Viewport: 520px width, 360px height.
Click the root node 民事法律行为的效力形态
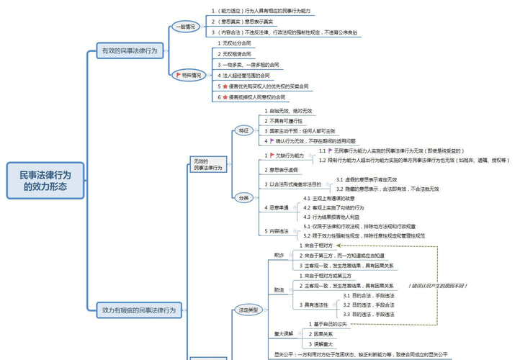pyautogui.click(x=45, y=181)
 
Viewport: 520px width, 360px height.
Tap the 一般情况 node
pyautogui.click(x=185, y=27)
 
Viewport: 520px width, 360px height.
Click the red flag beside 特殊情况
pyautogui.click(x=178, y=75)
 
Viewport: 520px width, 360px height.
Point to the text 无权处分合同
pyautogui.click(x=237, y=43)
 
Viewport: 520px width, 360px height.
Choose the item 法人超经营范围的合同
pyautogui.click(x=247, y=75)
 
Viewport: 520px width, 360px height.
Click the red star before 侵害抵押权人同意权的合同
pyautogui.click(x=225, y=96)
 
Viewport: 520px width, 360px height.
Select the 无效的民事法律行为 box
pyautogui.click(x=207, y=164)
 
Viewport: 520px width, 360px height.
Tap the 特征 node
pyautogui.click(x=243, y=130)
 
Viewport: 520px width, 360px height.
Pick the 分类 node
pyautogui.click(x=243, y=197)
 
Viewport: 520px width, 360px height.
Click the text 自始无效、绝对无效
pyautogui.click(x=290, y=111)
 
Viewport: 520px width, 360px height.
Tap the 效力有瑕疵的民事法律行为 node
pyautogui.click(x=139, y=310)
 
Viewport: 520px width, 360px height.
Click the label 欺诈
pyautogui.click(x=279, y=256)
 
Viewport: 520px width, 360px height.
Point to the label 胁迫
pyautogui.click(x=279, y=289)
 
